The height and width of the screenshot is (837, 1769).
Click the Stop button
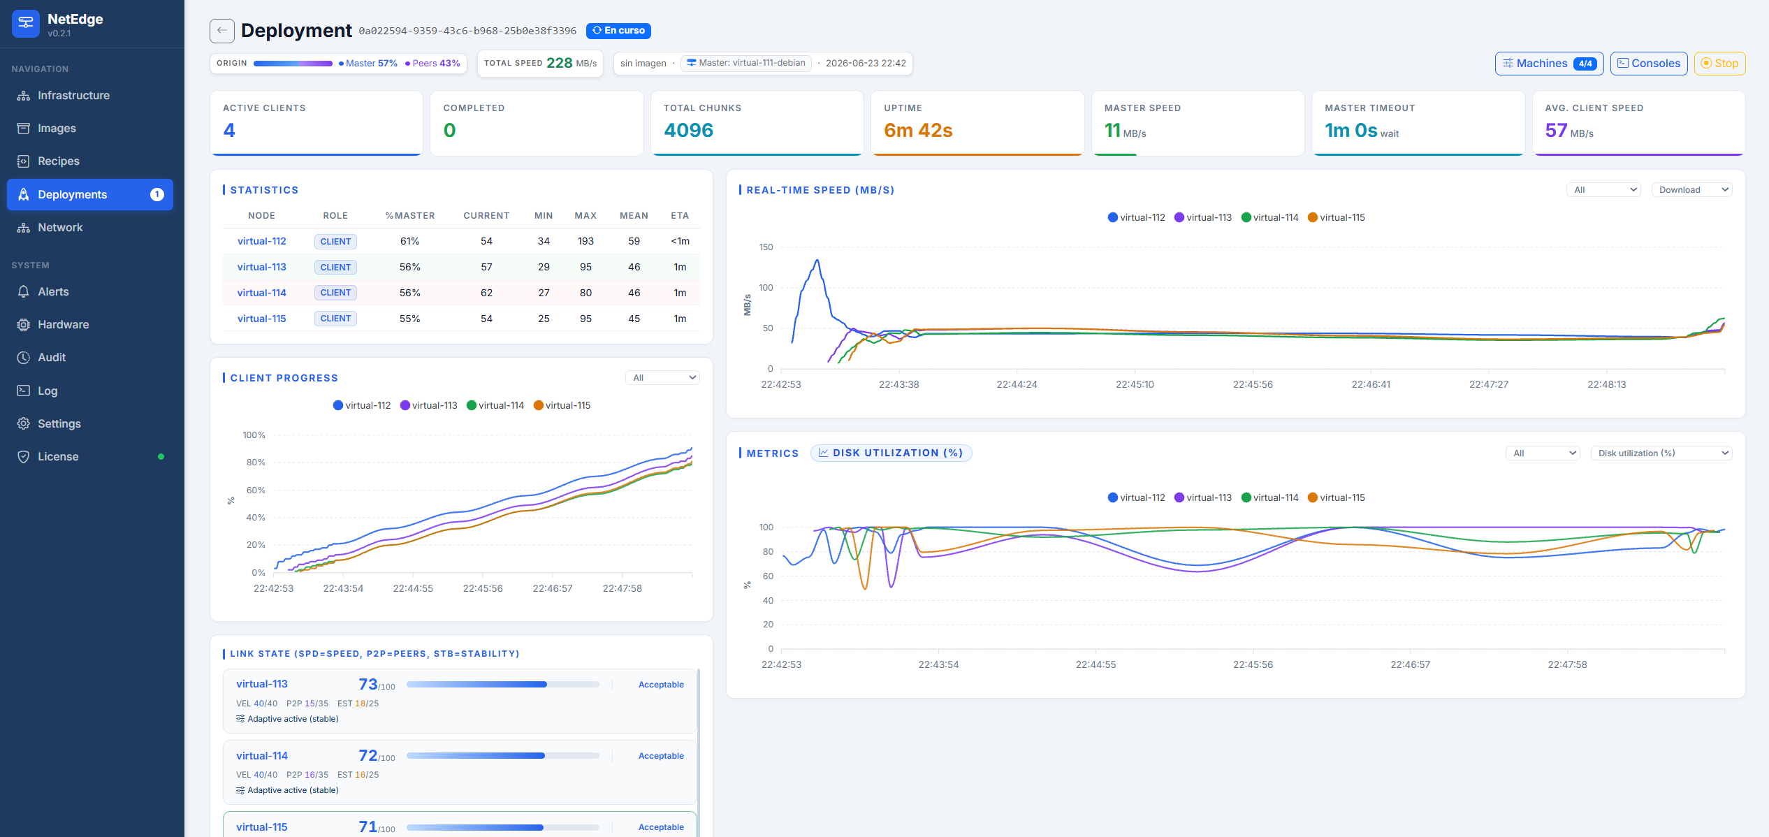(x=1719, y=64)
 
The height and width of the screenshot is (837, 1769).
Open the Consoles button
(x=1649, y=64)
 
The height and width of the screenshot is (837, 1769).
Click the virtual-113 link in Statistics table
(x=262, y=267)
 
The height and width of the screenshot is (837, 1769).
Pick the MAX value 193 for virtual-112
(x=585, y=241)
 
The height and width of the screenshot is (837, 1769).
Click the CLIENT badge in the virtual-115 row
(x=335, y=319)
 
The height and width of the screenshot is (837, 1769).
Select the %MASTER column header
(x=410, y=216)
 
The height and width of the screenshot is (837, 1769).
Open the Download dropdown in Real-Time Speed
(x=1691, y=190)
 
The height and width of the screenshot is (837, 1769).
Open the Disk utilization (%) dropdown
(x=1661, y=453)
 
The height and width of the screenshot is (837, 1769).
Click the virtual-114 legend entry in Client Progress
(x=495, y=405)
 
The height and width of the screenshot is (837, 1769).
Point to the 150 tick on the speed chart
(x=766, y=247)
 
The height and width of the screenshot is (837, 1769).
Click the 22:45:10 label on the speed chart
(x=1135, y=384)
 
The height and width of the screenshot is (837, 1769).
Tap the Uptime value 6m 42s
(x=918, y=131)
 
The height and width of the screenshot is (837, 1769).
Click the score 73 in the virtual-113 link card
(x=368, y=684)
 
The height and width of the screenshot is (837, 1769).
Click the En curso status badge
(x=618, y=31)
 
